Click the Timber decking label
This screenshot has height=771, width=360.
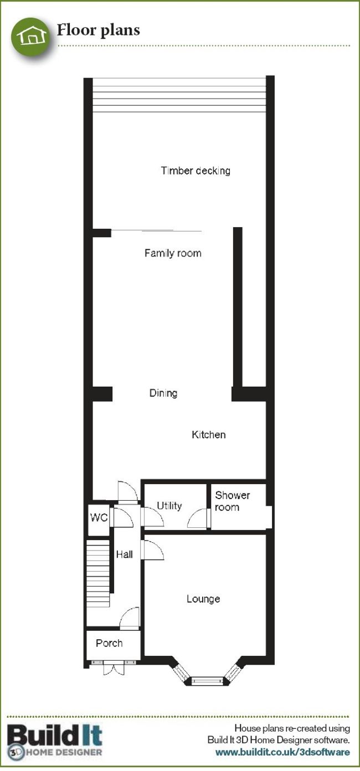tap(196, 171)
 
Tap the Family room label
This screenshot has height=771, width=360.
tap(173, 253)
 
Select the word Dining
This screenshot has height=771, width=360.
tap(163, 393)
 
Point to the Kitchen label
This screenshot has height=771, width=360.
tap(209, 434)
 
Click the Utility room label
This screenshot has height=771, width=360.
tap(169, 506)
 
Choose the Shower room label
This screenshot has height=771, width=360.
tap(232, 501)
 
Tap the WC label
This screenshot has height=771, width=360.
tap(99, 517)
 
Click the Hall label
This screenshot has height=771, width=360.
tap(124, 554)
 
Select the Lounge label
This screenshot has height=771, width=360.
tap(203, 599)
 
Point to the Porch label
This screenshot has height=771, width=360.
tap(109, 643)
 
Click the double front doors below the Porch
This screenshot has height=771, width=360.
tap(113, 667)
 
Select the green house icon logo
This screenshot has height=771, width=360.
tap(32, 36)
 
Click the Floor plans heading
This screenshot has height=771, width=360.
tap(99, 30)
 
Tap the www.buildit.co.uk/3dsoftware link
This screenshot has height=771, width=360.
tap(282, 752)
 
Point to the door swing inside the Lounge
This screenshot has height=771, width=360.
tap(154, 550)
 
